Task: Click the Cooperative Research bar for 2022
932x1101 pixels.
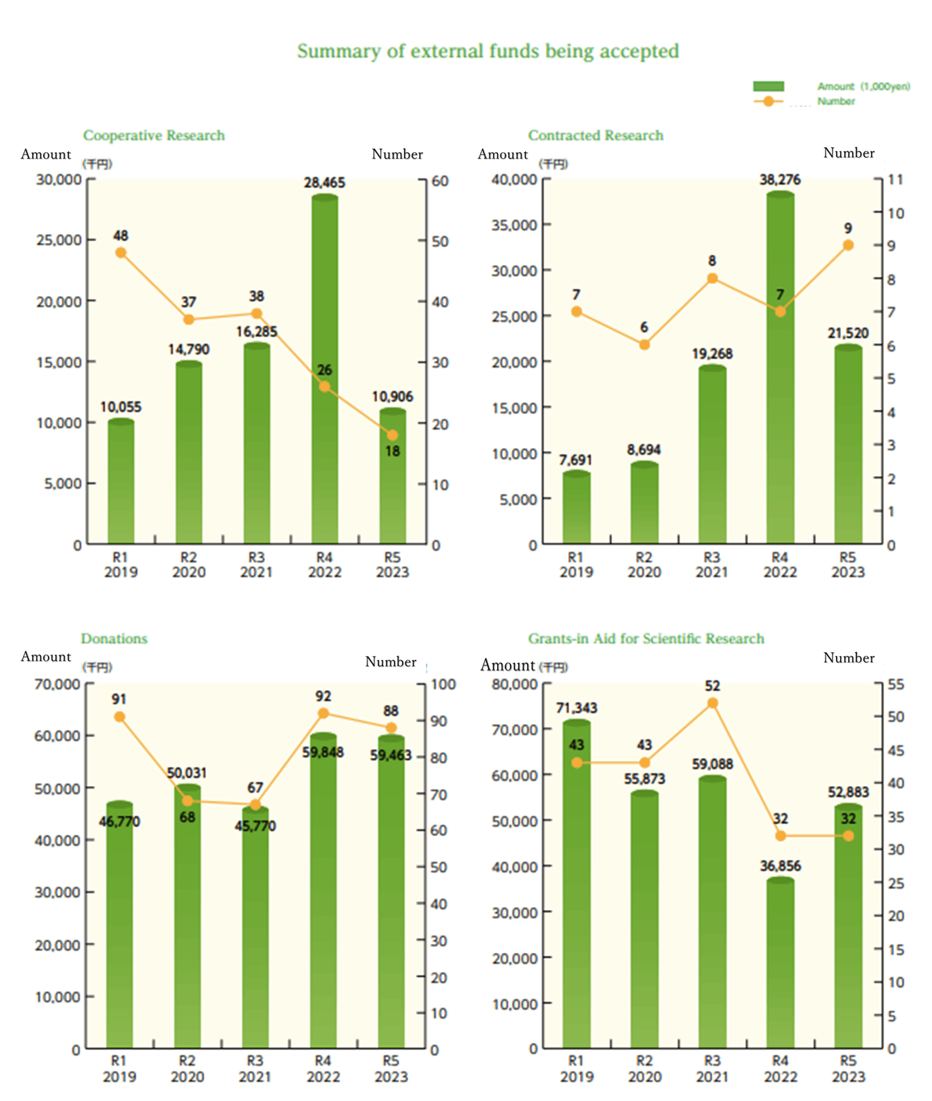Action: point(324,370)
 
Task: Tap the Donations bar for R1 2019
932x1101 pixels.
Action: point(120,925)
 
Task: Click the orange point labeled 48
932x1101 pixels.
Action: point(121,252)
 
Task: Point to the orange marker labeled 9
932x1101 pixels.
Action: point(848,245)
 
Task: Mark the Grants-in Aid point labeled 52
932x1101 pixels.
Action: point(712,703)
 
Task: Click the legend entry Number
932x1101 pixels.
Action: point(836,101)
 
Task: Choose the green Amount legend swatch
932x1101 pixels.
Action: point(768,86)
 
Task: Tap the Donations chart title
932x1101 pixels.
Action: point(114,638)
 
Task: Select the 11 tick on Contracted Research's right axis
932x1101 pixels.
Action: point(895,180)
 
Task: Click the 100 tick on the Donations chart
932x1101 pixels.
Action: point(443,685)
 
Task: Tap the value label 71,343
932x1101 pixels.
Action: point(576,708)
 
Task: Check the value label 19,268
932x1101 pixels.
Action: point(712,354)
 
